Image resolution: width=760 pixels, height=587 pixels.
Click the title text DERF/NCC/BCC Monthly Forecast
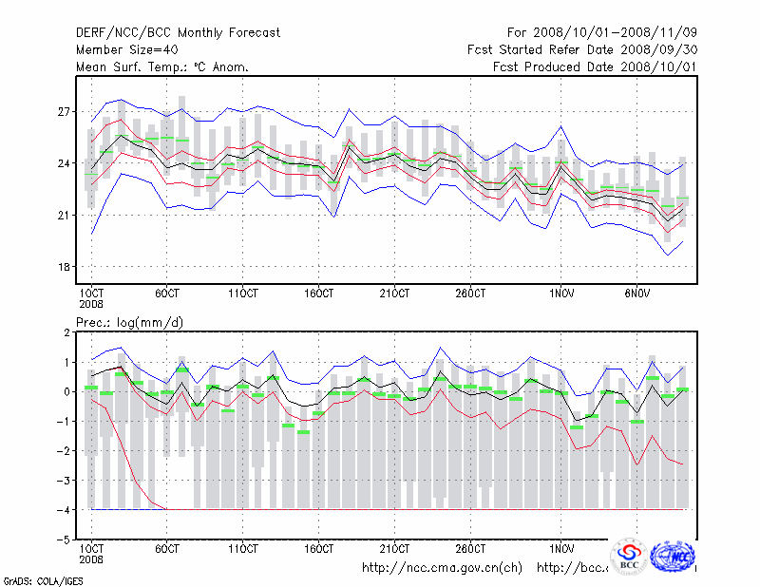click(x=178, y=33)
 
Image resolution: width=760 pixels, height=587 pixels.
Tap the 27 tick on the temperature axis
click(x=65, y=112)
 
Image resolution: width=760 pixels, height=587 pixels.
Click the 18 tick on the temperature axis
click(x=65, y=267)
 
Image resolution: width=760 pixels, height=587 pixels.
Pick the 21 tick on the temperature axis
click(x=65, y=216)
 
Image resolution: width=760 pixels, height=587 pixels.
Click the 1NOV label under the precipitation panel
click(x=562, y=548)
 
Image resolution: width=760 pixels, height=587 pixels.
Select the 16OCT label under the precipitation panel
click(x=318, y=548)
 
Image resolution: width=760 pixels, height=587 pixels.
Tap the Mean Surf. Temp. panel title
click(x=162, y=67)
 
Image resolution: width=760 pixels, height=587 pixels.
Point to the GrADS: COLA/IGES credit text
click(x=41, y=579)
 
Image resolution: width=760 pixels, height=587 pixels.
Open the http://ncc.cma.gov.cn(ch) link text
click(x=442, y=568)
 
